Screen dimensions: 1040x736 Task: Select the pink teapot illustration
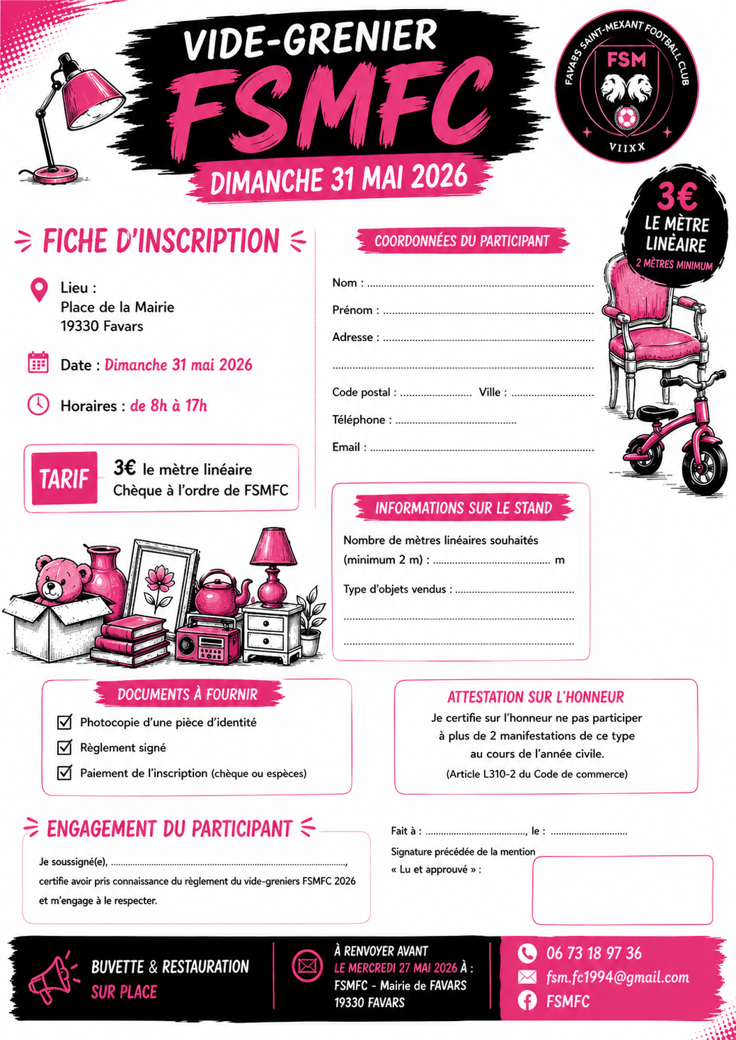tap(218, 593)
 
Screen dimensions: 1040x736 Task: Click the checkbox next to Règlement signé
tap(65, 747)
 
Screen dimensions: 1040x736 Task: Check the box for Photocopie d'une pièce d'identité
tap(65, 721)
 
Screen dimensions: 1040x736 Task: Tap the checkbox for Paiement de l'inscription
tap(65, 772)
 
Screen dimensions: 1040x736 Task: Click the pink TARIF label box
tap(64, 478)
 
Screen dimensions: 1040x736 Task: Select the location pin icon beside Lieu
tap(39, 289)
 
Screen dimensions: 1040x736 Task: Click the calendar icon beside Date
tap(38, 363)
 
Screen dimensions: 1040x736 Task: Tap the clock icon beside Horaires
tap(38, 404)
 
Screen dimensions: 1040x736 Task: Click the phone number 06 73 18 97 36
tap(594, 953)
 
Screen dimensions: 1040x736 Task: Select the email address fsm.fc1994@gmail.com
tap(617, 977)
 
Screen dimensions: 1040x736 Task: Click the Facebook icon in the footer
tap(527, 1001)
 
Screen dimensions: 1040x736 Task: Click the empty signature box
tap(622, 889)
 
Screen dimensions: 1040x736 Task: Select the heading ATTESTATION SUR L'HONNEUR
tap(535, 697)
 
